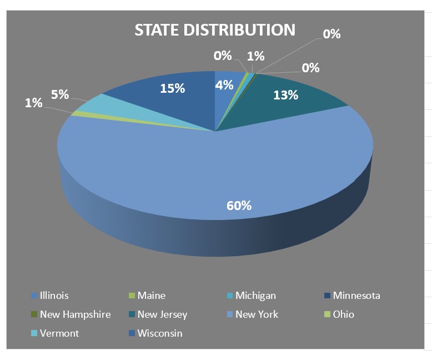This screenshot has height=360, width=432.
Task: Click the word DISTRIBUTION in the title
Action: pos(243,30)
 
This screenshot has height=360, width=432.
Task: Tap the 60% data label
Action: pos(239,206)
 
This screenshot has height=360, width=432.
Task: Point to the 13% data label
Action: pos(286,95)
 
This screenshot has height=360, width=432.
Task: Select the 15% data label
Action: pos(172,88)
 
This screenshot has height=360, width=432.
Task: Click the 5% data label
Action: pos(60,94)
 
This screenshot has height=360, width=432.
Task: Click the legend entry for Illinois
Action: pos(54,296)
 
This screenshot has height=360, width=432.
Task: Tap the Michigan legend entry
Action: pos(255,296)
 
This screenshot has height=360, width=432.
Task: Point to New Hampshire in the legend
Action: pos(75,314)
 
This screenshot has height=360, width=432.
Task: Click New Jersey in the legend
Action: pos(162,314)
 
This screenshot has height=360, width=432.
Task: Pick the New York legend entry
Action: pos(257,314)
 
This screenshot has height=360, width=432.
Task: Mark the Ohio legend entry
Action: pos(343,314)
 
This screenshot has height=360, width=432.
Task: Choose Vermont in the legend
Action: pos(59,333)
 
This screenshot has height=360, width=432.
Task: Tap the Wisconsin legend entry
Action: pos(160,333)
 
